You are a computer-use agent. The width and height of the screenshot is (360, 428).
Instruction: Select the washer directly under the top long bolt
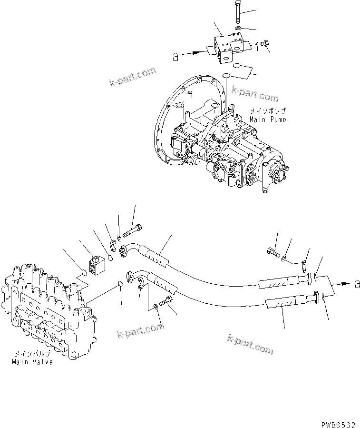point(237,29)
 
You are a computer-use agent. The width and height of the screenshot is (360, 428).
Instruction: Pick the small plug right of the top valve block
point(266,45)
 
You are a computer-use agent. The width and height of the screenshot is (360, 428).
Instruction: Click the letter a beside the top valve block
point(175,57)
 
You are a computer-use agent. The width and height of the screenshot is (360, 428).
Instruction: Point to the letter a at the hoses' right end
point(356,284)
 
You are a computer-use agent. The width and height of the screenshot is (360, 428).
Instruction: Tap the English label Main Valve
point(32,361)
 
